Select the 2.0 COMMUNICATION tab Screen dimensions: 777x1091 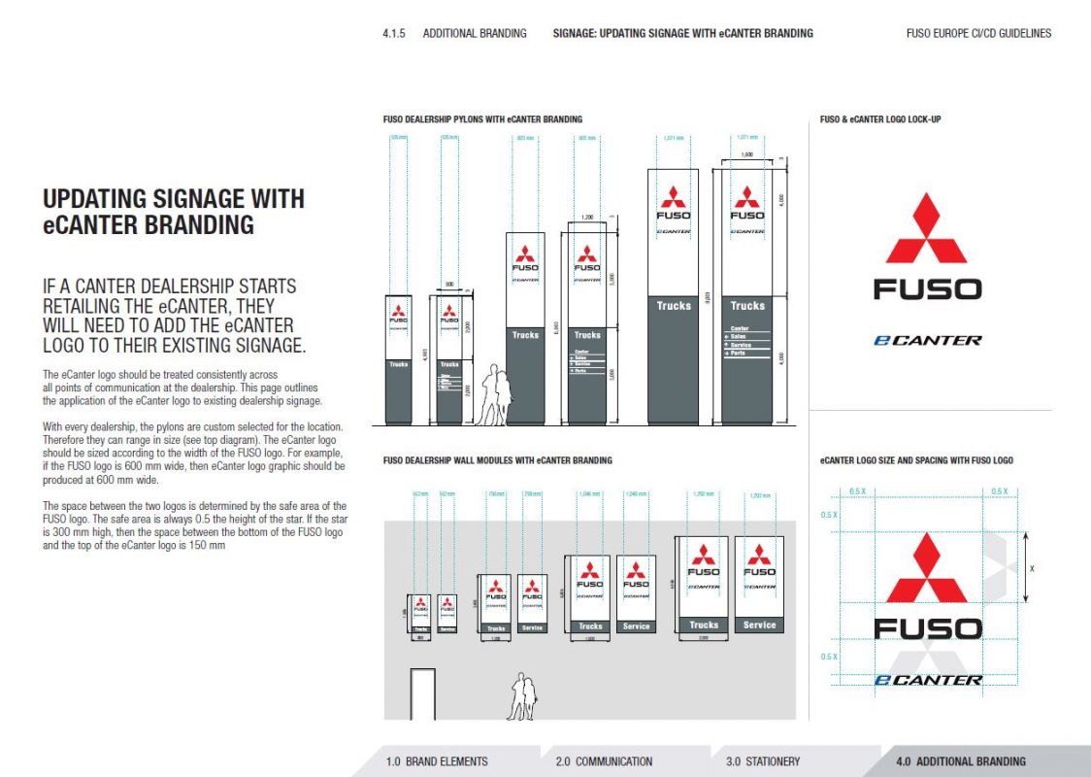click(604, 761)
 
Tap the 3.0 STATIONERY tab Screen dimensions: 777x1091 click(763, 761)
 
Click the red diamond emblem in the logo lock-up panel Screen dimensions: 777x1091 click(926, 229)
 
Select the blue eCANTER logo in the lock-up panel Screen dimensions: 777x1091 click(927, 340)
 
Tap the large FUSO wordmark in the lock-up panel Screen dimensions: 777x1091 click(927, 289)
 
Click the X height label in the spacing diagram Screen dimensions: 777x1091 click(1032, 568)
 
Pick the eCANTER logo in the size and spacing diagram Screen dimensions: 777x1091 click(927, 680)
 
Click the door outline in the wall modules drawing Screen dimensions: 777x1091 click(422, 693)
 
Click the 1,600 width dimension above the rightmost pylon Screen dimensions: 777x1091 click(746, 154)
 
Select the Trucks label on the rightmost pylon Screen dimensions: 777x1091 click(747, 306)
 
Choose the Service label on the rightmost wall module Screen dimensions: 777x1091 click(759, 625)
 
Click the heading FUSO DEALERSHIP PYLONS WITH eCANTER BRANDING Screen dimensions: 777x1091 click(482, 119)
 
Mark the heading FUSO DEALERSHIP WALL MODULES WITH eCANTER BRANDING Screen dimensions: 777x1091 click(497, 460)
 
